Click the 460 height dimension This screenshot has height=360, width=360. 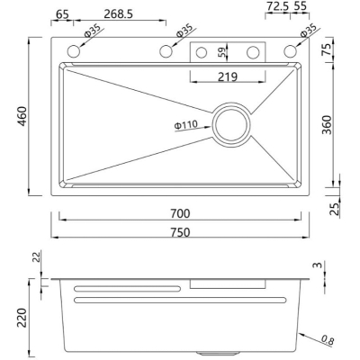point(22,116)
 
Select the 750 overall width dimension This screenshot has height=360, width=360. point(180,232)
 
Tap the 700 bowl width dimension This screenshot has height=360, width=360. point(180,213)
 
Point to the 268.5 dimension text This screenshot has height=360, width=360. point(118,13)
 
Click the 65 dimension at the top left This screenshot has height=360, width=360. point(62,13)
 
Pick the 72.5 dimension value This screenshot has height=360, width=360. point(277,6)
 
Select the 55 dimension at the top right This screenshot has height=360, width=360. point(300,6)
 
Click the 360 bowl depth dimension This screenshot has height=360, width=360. point(327,125)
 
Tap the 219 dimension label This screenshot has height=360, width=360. point(228,76)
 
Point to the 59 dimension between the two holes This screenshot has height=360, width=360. point(222,52)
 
